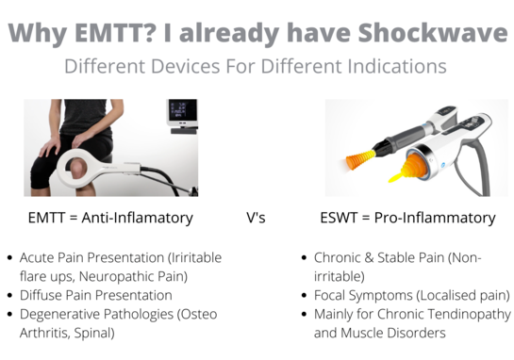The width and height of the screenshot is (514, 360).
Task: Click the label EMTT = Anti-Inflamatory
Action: (x=110, y=218)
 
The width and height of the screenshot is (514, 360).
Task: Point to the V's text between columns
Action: (x=256, y=218)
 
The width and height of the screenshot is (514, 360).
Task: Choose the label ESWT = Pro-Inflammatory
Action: (x=407, y=218)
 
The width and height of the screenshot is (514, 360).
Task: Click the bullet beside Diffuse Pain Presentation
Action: (x=9, y=295)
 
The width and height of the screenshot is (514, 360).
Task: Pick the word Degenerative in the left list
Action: (x=58, y=314)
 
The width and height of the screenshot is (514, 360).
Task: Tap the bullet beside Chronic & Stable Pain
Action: (x=304, y=257)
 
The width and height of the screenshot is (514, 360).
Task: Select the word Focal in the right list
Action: (x=331, y=295)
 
